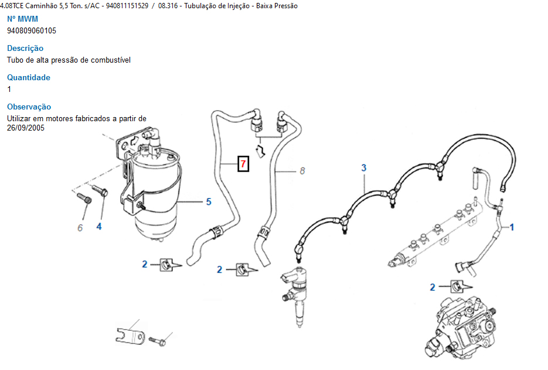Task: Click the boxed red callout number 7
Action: pos(243,163)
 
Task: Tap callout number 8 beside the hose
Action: pos(302,171)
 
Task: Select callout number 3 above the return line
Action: pos(363,168)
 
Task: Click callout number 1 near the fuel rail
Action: pos(512,227)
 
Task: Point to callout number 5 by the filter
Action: pos(208,202)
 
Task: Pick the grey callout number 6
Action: pos(80,228)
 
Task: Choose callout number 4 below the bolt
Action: pos(99,226)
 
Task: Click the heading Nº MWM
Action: pos(22,19)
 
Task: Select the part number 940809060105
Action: pos(32,30)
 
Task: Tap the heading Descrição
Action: pos(25,48)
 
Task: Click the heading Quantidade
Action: pos(29,77)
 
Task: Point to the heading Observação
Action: pos(29,107)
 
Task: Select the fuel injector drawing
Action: pos(297,293)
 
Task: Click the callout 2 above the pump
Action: pos(433,287)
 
